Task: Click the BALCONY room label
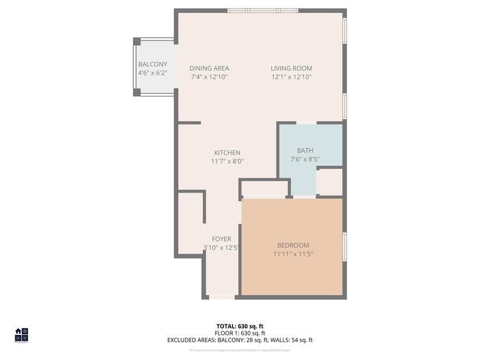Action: pos(153,65)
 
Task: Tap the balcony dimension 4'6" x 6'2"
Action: pos(153,73)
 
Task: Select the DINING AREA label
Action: pos(209,69)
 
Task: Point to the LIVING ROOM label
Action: pos(291,69)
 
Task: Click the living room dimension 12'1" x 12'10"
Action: pos(291,77)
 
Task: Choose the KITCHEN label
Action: pos(227,153)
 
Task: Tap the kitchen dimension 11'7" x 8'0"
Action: pos(227,161)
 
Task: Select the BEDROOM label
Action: pos(293,245)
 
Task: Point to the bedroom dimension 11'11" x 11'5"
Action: pos(293,254)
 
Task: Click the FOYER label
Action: pos(221,239)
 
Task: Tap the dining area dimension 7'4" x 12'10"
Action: pos(209,77)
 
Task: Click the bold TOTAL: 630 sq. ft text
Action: pos(240,326)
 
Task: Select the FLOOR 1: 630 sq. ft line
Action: pos(240,333)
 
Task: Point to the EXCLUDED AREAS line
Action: pos(240,340)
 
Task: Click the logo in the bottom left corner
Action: pos(21,334)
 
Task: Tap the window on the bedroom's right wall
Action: pos(345,247)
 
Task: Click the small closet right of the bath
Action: pos(330,182)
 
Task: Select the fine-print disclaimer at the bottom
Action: pos(240,350)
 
